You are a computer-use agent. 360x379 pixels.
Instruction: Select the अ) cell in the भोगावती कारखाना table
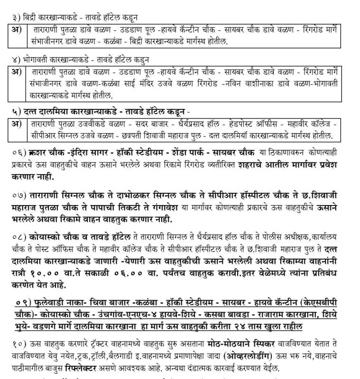coord(17,72)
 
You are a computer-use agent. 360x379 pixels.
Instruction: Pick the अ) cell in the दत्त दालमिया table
coord(17,124)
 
